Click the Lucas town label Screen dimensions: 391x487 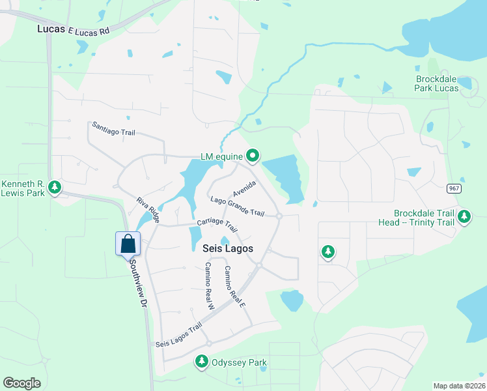[x=51, y=29]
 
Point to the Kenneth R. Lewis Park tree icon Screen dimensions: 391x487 [x=55, y=188]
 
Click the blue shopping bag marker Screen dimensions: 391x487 [x=128, y=244]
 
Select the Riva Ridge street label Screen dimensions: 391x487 [x=148, y=209]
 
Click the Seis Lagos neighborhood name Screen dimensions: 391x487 [x=227, y=249]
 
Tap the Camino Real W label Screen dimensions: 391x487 [x=209, y=285]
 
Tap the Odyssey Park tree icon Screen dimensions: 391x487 [x=202, y=362]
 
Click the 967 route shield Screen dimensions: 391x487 [x=454, y=188]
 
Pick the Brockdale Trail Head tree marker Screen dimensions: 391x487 [x=464, y=216]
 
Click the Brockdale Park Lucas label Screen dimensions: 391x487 [x=438, y=83]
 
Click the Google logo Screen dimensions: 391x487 [x=23, y=383]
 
